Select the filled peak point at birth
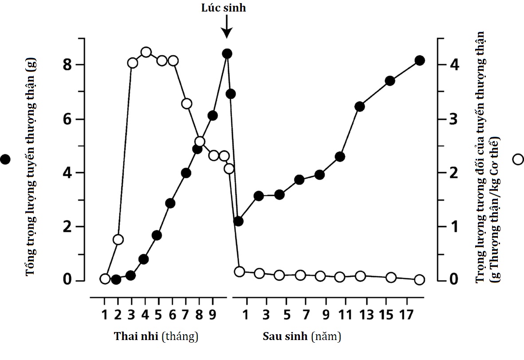pos(227,54)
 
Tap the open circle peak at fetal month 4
pos(146,52)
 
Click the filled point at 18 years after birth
pos(420,60)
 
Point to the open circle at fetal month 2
pos(118,240)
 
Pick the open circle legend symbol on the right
pos(518,159)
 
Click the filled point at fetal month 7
pos(186,173)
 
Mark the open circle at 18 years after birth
pos(420,280)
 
